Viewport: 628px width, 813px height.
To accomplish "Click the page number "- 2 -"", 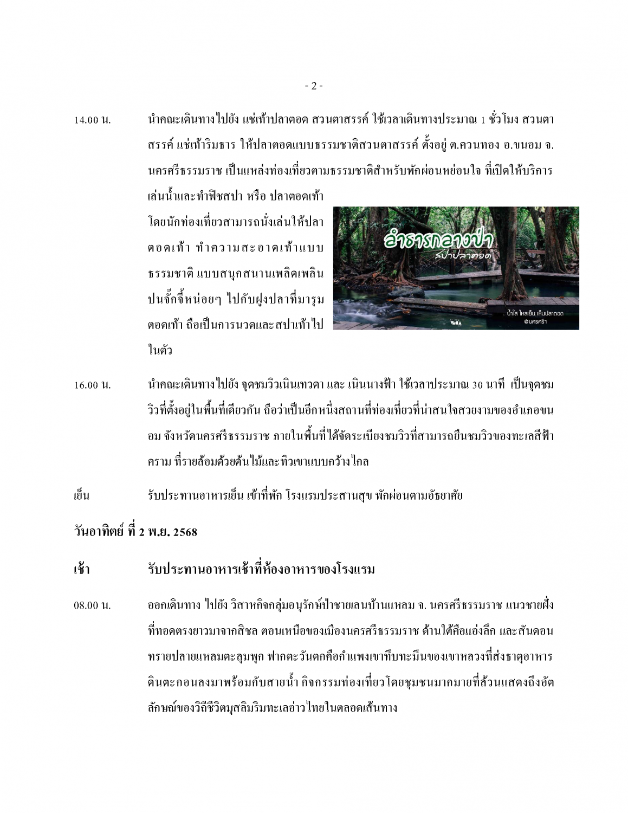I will coord(314,86).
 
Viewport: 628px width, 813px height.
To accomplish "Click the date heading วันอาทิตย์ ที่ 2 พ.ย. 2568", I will coord(135,532).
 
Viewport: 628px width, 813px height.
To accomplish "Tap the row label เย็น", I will coord(81,495).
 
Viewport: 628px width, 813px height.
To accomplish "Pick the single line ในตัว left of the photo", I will coord(160,350).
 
